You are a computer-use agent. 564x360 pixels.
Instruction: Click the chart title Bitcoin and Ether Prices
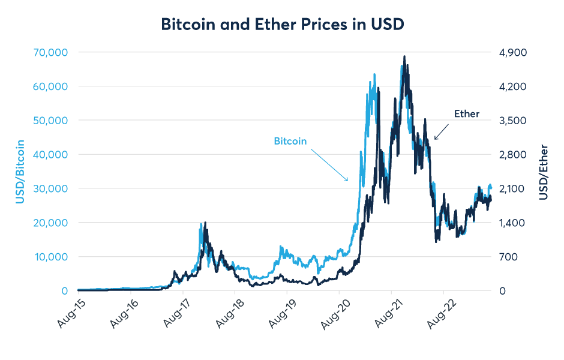pyautogui.click(x=281, y=24)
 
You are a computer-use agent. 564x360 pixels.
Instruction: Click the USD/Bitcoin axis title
pyautogui.click(x=20, y=172)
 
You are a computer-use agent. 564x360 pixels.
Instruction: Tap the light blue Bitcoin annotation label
pyautogui.click(x=290, y=142)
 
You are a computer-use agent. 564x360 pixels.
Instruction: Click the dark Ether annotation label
pyautogui.click(x=467, y=113)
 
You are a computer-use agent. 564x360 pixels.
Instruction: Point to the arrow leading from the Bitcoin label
pyautogui.click(x=329, y=164)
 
